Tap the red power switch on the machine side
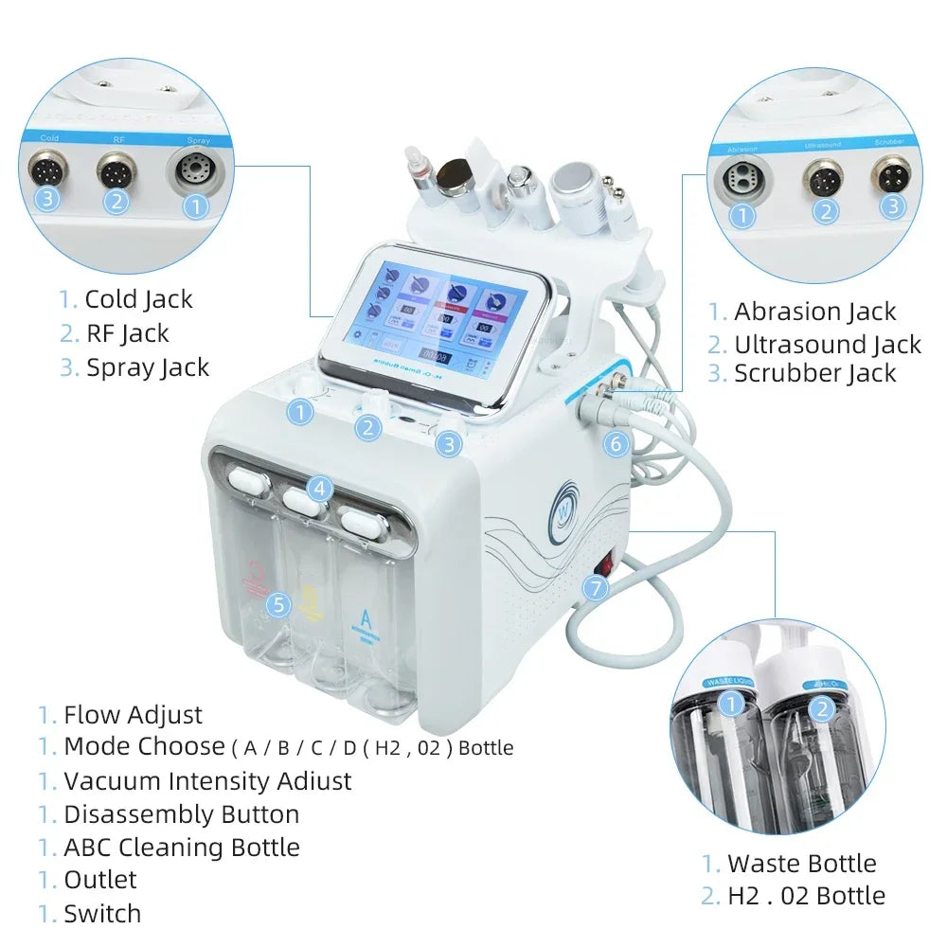coord(604,565)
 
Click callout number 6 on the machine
coord(616,442)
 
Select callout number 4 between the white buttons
coord(320,489)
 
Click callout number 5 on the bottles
coord(277,604)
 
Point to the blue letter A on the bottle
coord(365,620)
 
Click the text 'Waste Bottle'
coord(801,864)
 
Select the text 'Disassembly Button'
coord(181,814)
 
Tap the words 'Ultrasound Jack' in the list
coord(827,345)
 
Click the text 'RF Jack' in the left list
coord(127,333)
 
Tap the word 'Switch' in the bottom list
coord(102,914)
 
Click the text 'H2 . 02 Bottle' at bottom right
coord(806,896)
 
